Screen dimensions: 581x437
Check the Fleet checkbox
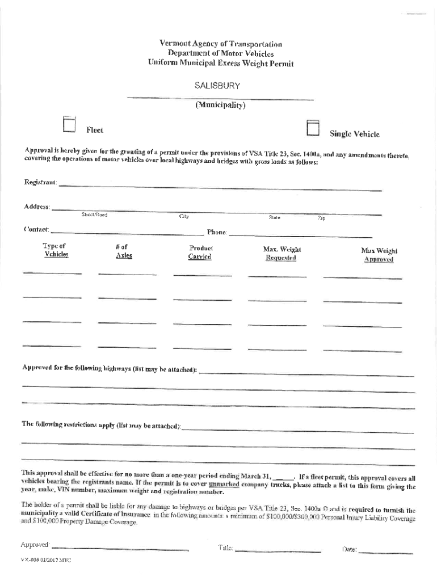pyautogui.click(x=69, y=125)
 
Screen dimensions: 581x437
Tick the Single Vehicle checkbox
pyautogui.click(x=313, y=129)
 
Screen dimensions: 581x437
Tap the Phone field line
pyautogui.click(x=300, y=235)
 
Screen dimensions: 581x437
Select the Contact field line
pyautogui.click(x=127, y=232)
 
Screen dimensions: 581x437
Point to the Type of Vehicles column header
pyautogui.click(x=56, y=251)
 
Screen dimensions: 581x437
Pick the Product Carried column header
pyautogui.click(x=200, y=252)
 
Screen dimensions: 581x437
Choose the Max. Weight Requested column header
pyautogui.click(x=281, y=254)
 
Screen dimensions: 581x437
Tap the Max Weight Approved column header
pyautogui.click(x=379, y=255)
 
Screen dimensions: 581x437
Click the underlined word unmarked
pyautogui.click(x=224, y=485)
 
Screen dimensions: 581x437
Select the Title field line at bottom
pyautogui.click(x=278, y=550)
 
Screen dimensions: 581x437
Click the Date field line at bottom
pyautogui.click(x=386, y=551)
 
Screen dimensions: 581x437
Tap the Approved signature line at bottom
pyautogui.click(x=120, y=549)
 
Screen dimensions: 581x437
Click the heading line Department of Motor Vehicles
pyautogui.click(x=221, y=53)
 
